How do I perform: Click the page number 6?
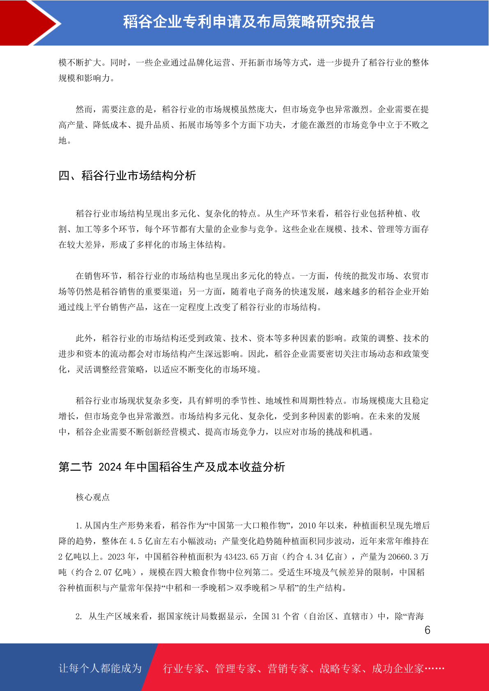pos(427,630)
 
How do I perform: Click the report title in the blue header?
pos(249,22)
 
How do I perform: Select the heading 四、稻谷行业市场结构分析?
pos(127,176)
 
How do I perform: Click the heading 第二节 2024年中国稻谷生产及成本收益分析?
pos(172,467)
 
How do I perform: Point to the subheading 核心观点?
pos(93,497)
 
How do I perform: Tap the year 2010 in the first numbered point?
pos(308,526)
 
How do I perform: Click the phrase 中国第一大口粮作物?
pos(248,526)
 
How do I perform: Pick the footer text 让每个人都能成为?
pos(100,668)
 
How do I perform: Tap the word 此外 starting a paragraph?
pos(84,339)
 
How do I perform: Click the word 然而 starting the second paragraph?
pos(84,110)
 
